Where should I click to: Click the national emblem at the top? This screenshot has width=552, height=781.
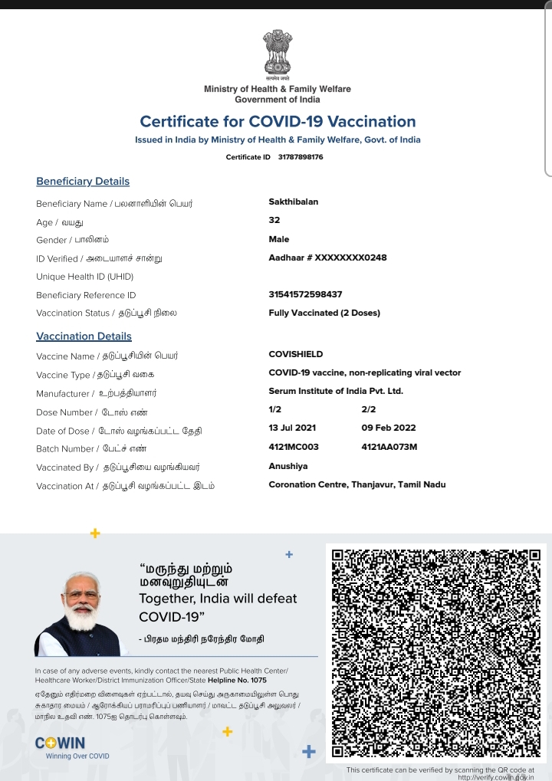[277, 53]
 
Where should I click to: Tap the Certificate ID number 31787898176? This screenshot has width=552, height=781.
[301, 157]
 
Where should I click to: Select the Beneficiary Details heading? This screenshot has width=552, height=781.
[83, 182]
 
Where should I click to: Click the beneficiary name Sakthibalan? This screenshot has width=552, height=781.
[294, 202]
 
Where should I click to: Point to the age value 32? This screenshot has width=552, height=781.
[274, 220]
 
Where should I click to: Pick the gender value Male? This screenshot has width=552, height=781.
[279, 239]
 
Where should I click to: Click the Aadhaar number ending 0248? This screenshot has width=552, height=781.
[327, 258]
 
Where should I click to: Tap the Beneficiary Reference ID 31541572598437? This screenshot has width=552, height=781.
[305, 294]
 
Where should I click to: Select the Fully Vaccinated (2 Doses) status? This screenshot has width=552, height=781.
[324, 313]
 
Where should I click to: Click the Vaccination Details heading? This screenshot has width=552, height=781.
[84, 336]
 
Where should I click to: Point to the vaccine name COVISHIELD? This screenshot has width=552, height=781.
[296, 354]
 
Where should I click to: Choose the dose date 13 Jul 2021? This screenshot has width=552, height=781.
[292, 428]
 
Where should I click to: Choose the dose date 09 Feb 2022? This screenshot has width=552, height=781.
[389, 428]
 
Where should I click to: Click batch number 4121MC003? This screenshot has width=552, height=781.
[294, 447]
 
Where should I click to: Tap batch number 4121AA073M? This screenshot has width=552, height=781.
[389, 447]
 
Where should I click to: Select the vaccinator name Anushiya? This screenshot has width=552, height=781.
[288, 466]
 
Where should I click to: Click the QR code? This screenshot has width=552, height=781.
[435, 654]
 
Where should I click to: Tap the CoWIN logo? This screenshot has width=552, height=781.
[61, 743]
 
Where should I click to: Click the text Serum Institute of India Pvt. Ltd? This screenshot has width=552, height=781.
[336, 391]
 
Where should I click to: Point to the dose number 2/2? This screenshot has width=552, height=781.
[368, 409]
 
